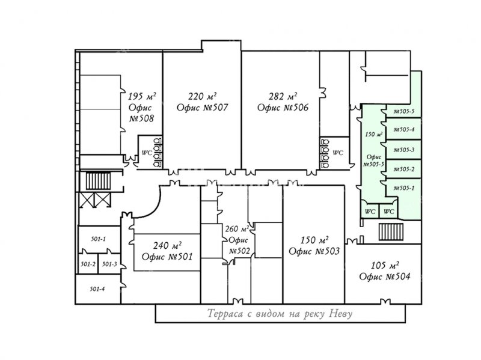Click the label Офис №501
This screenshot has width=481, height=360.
[x=167, y=257]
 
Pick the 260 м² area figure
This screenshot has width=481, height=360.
[x=236, y=229]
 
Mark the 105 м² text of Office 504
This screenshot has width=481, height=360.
[x=385, y=265]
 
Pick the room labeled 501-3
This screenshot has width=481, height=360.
[x=109, y=264]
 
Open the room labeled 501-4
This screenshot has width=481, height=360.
[x=97, y=289]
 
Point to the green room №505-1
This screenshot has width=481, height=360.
[x=403, y=188]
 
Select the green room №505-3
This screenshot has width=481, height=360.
[x=403, y=150]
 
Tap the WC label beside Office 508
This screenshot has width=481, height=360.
[x=146, y=152]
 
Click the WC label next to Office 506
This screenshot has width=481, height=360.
[x=338, y=152]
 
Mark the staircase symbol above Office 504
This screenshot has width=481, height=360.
[x=388, y=231]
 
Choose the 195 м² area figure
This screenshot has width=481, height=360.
[x=142, y=96]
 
